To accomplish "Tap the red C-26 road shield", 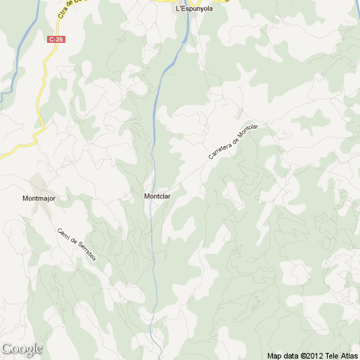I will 56,39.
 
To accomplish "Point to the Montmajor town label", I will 39,199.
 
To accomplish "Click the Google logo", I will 22,349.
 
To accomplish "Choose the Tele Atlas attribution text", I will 343,355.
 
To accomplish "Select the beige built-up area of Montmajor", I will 39,184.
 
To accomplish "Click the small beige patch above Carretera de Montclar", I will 240,112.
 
